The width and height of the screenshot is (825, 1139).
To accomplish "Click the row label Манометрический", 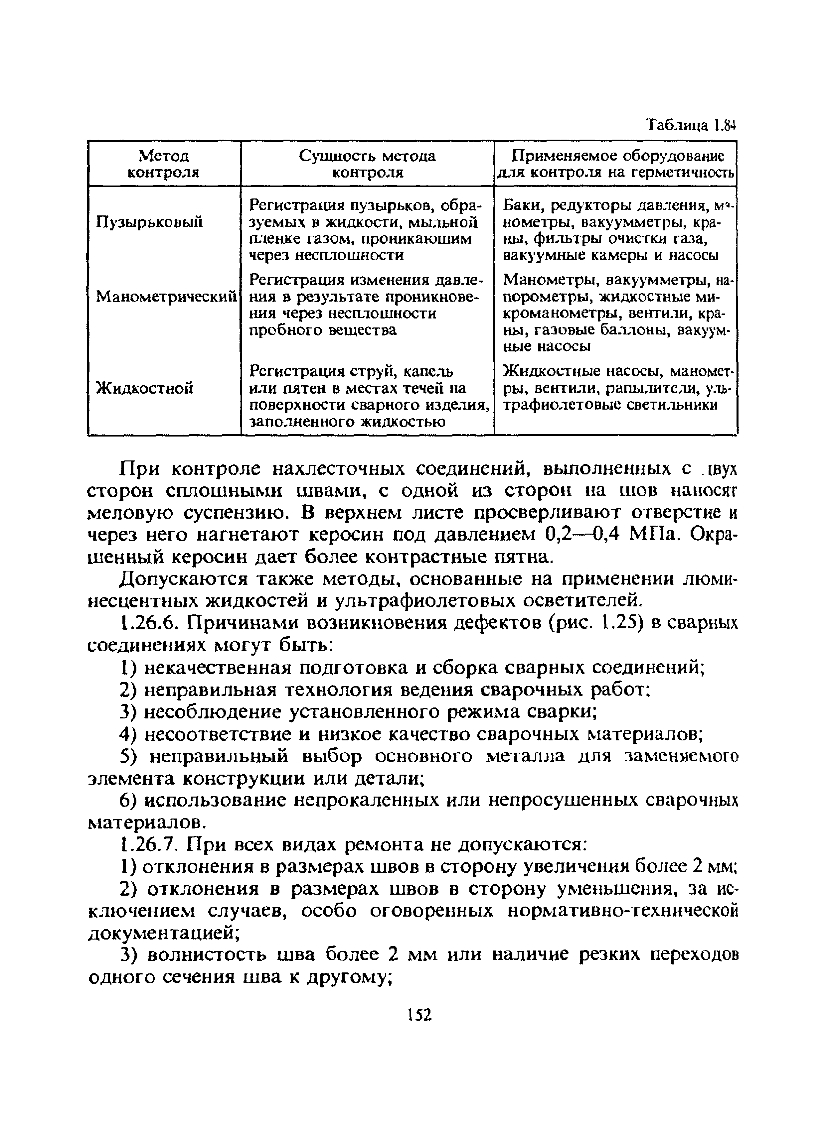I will point(166,296).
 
